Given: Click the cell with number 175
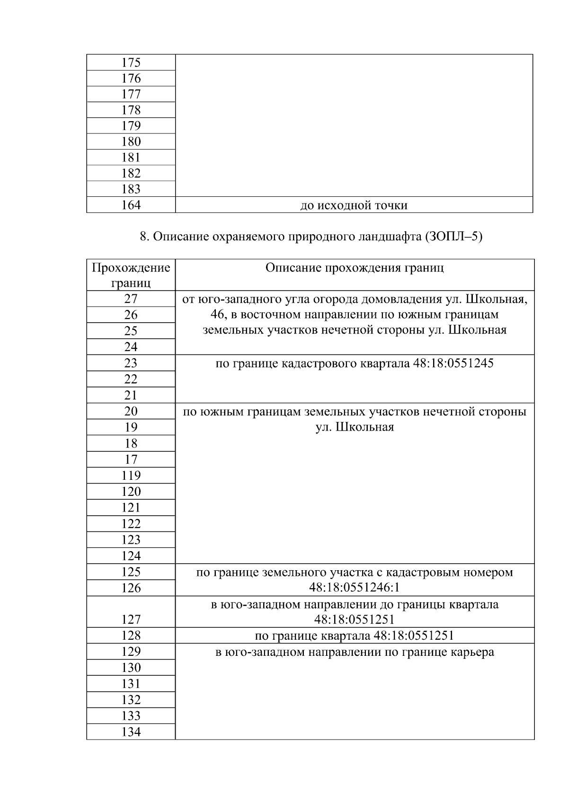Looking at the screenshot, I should tap(131, 63).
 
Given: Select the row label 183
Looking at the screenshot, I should tap(131, 189).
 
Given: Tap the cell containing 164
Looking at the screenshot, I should tap(131, 205).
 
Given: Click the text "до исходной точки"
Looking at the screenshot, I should tap(354, 206).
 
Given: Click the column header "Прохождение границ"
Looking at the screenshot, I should tap(131, 275).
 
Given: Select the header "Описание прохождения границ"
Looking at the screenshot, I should tap(355, 268).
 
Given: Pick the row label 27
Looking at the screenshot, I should tap(131, 299).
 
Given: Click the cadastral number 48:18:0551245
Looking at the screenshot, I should tap(453, 363).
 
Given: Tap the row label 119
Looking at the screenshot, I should tap(131, 476).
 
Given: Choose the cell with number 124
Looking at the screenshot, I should tap(131, 556).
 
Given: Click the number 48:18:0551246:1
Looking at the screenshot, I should tap(355, 588).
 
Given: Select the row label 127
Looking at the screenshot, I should tap(131, 619).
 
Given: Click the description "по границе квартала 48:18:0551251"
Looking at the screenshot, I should tap(355, 635).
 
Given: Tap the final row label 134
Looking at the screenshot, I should tap(131, 732).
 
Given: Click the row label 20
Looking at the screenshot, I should tap(131, 411).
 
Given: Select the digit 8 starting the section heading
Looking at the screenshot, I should tap(143, 237).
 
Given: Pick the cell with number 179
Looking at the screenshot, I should tap(131, 126).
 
